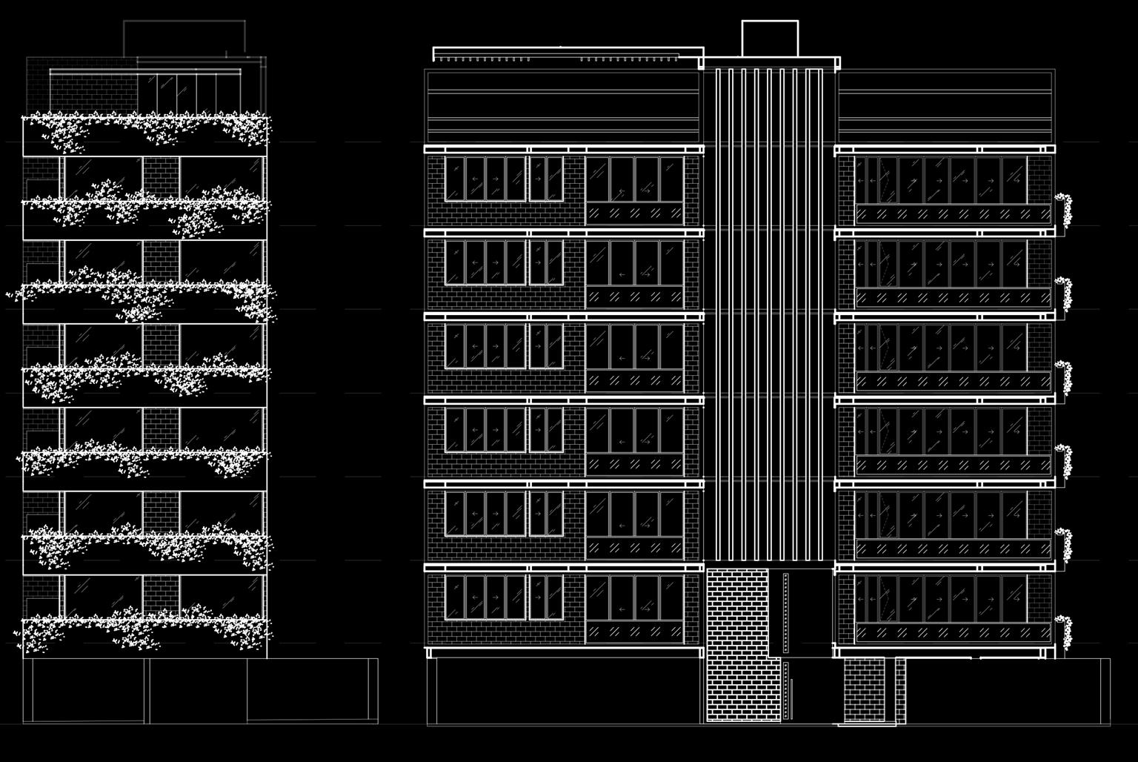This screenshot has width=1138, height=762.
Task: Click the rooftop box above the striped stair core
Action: pos(770,39)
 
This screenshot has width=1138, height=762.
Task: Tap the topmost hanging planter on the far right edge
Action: pos(1063,209)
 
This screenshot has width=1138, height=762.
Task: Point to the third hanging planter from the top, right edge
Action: pos(1064,377)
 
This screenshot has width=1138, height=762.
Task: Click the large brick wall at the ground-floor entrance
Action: pos(737,645)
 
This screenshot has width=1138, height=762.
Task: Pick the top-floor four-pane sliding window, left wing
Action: pos(485,178)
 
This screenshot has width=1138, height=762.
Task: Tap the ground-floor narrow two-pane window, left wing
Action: pos(546,597)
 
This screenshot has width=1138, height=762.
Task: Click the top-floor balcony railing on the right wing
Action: pos(953,214)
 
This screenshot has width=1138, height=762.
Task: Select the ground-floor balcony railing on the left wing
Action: pos(635,632)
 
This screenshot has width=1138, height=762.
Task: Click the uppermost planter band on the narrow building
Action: pos(145,136)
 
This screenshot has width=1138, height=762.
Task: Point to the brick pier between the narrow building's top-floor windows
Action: pos(162,178)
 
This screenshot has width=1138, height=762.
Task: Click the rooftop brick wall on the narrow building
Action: pos(93,93)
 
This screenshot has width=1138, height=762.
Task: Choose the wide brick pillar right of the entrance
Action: pos(863,690)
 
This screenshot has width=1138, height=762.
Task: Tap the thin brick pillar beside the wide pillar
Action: pos(900,690)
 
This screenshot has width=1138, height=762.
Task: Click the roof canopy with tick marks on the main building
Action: pos(568,54)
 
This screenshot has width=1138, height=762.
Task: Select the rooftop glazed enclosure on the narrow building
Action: pos(189,93)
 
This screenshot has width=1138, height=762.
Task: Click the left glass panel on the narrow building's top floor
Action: pos(102,178)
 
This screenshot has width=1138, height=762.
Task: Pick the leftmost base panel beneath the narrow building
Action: pos(86,690)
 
